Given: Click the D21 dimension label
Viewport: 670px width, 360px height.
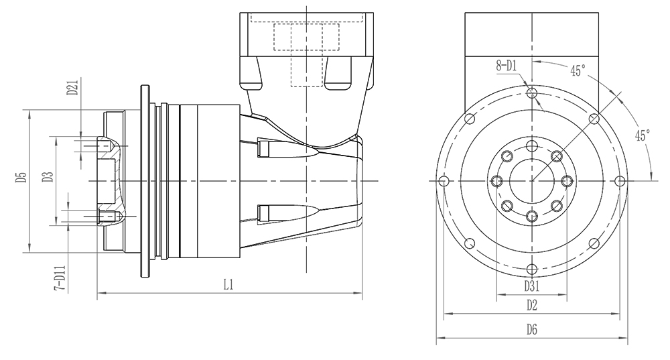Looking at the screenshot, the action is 72,86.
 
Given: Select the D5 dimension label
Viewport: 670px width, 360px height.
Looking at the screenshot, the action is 22,177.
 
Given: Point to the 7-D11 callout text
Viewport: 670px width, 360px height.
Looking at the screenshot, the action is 60,278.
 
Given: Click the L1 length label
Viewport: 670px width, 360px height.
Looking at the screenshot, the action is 228,284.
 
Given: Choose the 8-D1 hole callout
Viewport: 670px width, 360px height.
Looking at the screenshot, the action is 507,66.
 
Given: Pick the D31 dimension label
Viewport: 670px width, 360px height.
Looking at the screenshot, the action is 531,286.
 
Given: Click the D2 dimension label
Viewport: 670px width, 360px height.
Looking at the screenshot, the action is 531,305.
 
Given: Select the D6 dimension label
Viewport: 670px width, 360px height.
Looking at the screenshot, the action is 531,329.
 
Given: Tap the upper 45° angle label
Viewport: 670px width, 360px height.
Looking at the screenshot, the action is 578,70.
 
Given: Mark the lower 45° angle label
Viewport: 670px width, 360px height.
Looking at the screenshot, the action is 643,135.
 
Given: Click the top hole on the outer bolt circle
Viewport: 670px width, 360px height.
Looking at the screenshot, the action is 532,93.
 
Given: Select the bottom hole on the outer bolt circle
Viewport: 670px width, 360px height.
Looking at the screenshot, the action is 532,269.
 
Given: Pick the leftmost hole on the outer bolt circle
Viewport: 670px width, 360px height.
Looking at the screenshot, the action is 444,181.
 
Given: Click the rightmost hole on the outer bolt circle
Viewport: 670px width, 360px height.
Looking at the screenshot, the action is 620,181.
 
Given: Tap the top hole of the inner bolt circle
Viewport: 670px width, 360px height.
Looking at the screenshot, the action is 532,145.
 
